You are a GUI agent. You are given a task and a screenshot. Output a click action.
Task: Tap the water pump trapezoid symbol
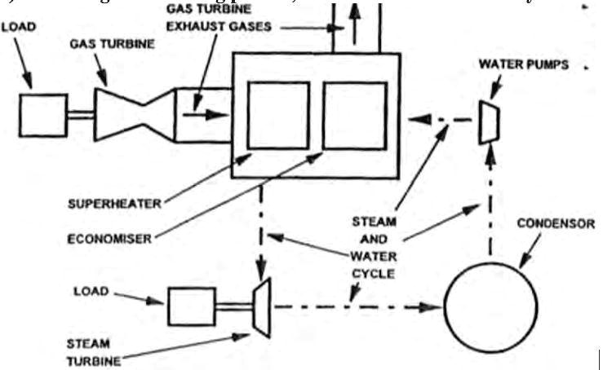(491, 121)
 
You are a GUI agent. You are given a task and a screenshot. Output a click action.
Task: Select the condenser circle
(490, 307)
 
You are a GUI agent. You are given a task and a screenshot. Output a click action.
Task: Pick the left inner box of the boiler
(278, 116)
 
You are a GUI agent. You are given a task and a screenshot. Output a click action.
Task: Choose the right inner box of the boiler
(353, 116)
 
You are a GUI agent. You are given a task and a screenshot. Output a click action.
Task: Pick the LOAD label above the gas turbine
(18, 28)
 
